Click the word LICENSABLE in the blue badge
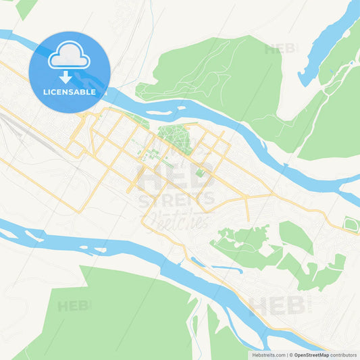click(70, 92)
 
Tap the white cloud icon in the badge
click(70, 57)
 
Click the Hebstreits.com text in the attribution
click(269, 355)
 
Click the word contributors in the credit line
click(344, 355)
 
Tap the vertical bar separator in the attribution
click(288, 355)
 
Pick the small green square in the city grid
click(200, 173)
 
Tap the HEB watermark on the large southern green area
click(73, 306)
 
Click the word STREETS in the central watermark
click(177, 199)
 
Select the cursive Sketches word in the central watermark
click(177, 218)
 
